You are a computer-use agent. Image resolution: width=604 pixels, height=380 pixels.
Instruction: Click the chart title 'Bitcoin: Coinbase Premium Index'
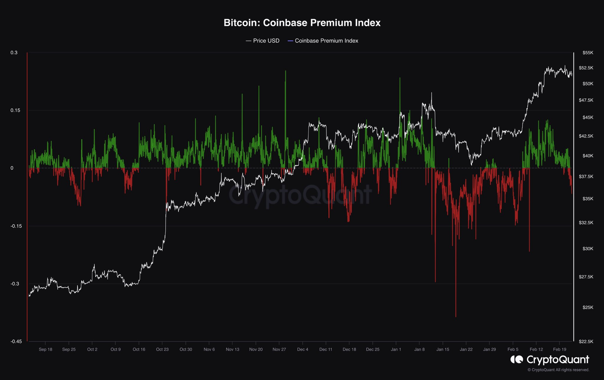(302, 23)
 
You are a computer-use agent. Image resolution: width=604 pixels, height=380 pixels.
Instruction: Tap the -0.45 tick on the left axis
(16, 341)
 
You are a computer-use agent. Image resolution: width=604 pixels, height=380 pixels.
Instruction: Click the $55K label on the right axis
(587, 53)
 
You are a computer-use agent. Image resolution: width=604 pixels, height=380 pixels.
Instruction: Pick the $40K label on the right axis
(587, 156)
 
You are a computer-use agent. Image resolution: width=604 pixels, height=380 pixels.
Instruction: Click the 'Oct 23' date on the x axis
(162, 349)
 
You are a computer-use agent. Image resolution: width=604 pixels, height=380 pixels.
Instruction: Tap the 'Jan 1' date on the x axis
(396, 349)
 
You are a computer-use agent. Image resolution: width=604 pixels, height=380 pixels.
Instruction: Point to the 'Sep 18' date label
(45, 349)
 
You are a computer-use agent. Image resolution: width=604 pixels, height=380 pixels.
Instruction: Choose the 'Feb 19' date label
(559, 349)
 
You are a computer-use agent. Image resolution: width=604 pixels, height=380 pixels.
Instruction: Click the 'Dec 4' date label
(303, 349)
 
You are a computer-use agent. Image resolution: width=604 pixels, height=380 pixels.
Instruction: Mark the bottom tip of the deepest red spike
(456, 317)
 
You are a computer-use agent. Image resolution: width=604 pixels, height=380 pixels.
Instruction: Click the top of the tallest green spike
(285, 71)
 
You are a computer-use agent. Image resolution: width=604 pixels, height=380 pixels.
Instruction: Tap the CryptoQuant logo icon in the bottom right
(517, 359)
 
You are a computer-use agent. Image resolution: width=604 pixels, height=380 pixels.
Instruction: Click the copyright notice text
(558, 370)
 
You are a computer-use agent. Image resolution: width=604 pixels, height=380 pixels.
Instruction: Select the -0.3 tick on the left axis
(14, 284)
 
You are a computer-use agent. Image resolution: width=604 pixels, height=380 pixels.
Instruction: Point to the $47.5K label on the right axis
(586, 100)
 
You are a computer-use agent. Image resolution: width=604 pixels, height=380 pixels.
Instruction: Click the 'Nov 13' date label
(232, 349)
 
